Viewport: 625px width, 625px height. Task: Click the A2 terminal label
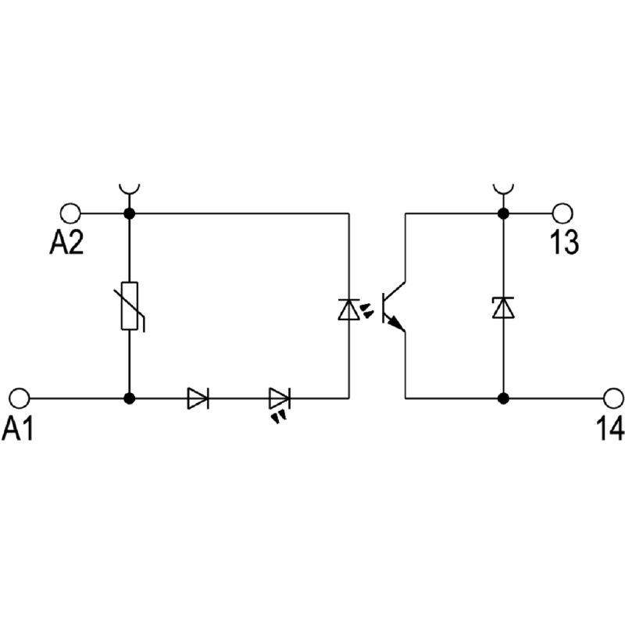tap(66, 243)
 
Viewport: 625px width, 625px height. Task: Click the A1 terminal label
tap(19, 428)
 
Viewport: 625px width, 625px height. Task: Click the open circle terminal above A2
tap(70, 212)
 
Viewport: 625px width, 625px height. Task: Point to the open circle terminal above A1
tap(20, 398)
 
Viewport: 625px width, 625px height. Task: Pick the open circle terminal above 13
tap(562, 212)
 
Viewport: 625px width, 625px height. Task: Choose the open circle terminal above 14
tap(612, 398)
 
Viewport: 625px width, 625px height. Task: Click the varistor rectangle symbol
tap(130, 305)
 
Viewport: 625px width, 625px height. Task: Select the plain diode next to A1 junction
tap(198, 398)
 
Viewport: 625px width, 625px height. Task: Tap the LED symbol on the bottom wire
tap(279, 400)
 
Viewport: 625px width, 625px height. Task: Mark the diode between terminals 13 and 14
tap(503, 307)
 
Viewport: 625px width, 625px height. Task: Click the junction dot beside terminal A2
tap(130, 212)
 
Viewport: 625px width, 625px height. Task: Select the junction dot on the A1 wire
tap(130, 398)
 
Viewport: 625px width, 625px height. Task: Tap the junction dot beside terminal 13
tap(503, 212)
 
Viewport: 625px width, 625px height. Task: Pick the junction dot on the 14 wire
tap(503, 398)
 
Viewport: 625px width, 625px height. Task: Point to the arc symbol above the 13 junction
tap(503, 189)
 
